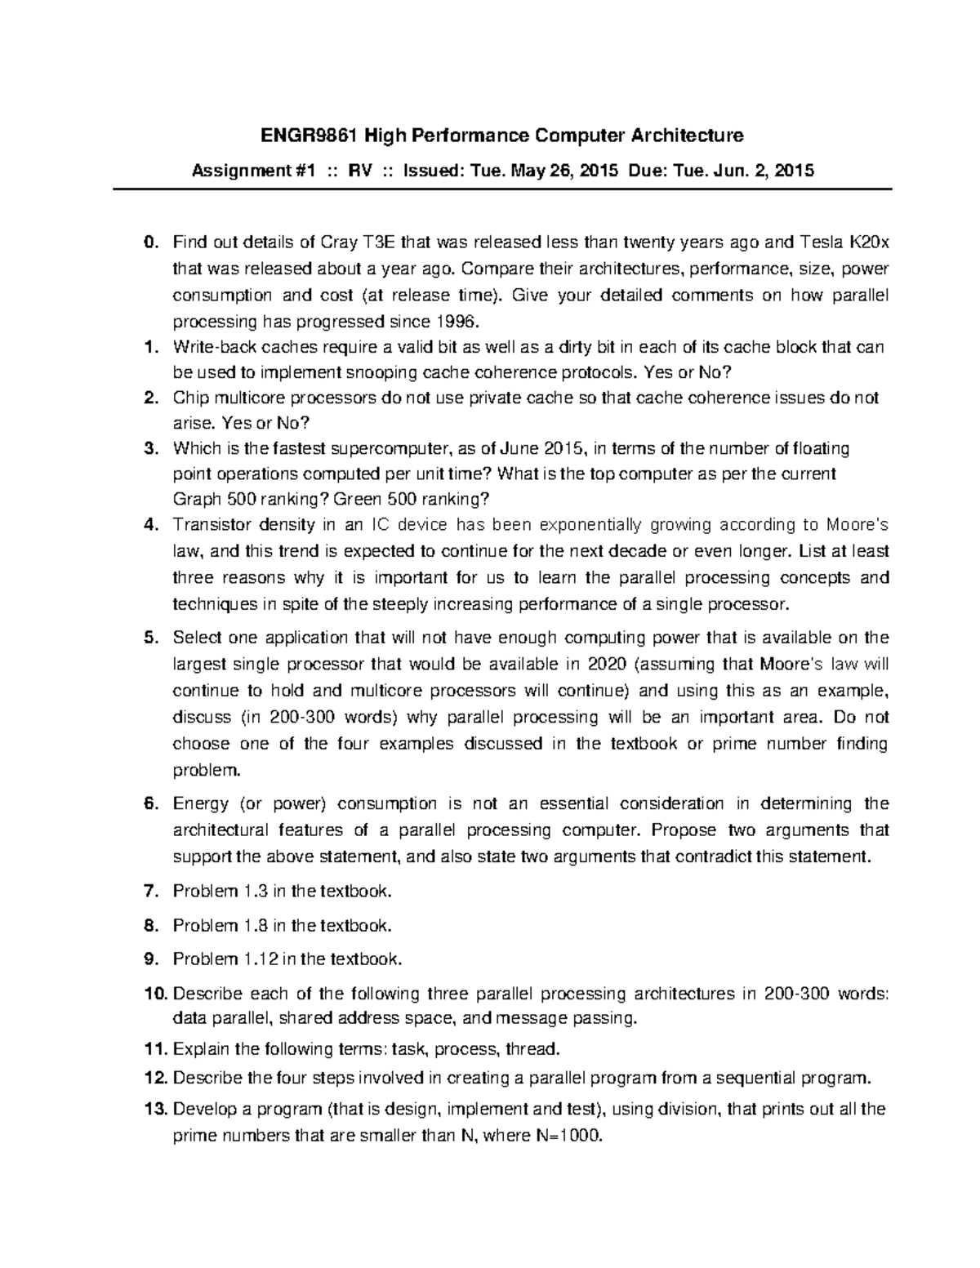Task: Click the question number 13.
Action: click(x=154, y=1109)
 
